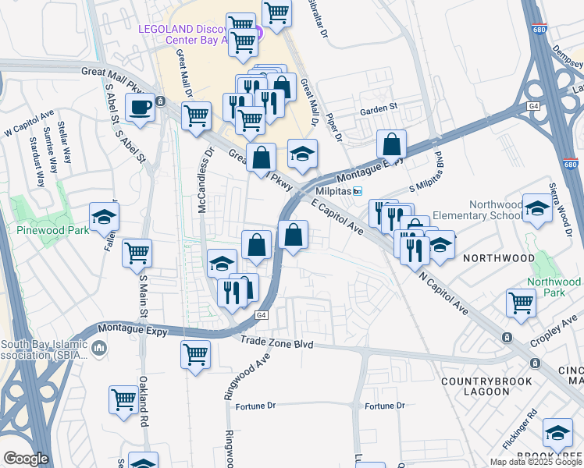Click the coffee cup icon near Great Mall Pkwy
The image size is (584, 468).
tap(141, 108)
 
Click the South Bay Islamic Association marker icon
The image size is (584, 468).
tap(99, 347)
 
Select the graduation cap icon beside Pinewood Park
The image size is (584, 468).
tap(103, 219)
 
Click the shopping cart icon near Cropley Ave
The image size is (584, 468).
tap(521, 303)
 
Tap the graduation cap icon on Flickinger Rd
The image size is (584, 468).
tap(557, 433)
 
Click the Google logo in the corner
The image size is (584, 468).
tap(26, 459)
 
